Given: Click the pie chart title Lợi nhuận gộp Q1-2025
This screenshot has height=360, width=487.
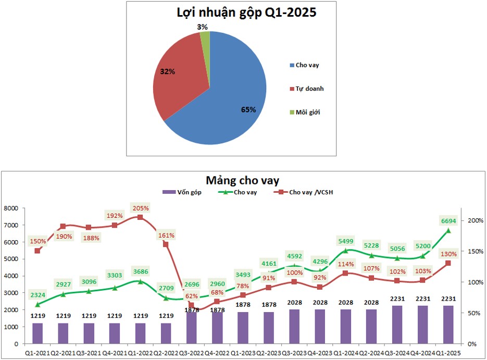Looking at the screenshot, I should tap(246, 13).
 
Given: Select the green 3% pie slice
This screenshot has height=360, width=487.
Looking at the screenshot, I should tap(206, 39).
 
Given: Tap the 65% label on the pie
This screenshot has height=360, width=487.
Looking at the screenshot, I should tap(248, 109).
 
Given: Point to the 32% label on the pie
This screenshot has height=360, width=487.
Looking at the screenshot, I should tap(167, 71).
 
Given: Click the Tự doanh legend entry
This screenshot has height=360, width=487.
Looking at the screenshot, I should tap(310, 89).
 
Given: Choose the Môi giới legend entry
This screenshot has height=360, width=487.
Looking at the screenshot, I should tap(308, 112).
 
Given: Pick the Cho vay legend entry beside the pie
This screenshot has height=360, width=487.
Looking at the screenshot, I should tap(307, 65).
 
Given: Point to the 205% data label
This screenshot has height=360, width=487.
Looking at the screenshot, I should tap(140, 208).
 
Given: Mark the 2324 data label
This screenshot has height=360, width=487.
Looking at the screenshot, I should tap(38, 295).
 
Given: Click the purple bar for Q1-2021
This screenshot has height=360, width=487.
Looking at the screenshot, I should tap(38, 333).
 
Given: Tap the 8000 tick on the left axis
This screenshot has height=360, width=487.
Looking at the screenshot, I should tap(11, 208).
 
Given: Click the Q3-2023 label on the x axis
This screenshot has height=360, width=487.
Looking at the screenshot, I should tap(294, 353).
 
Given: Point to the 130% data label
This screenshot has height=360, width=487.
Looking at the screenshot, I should tap(448, 254).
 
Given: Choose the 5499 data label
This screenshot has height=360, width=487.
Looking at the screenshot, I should tap(345, 241).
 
